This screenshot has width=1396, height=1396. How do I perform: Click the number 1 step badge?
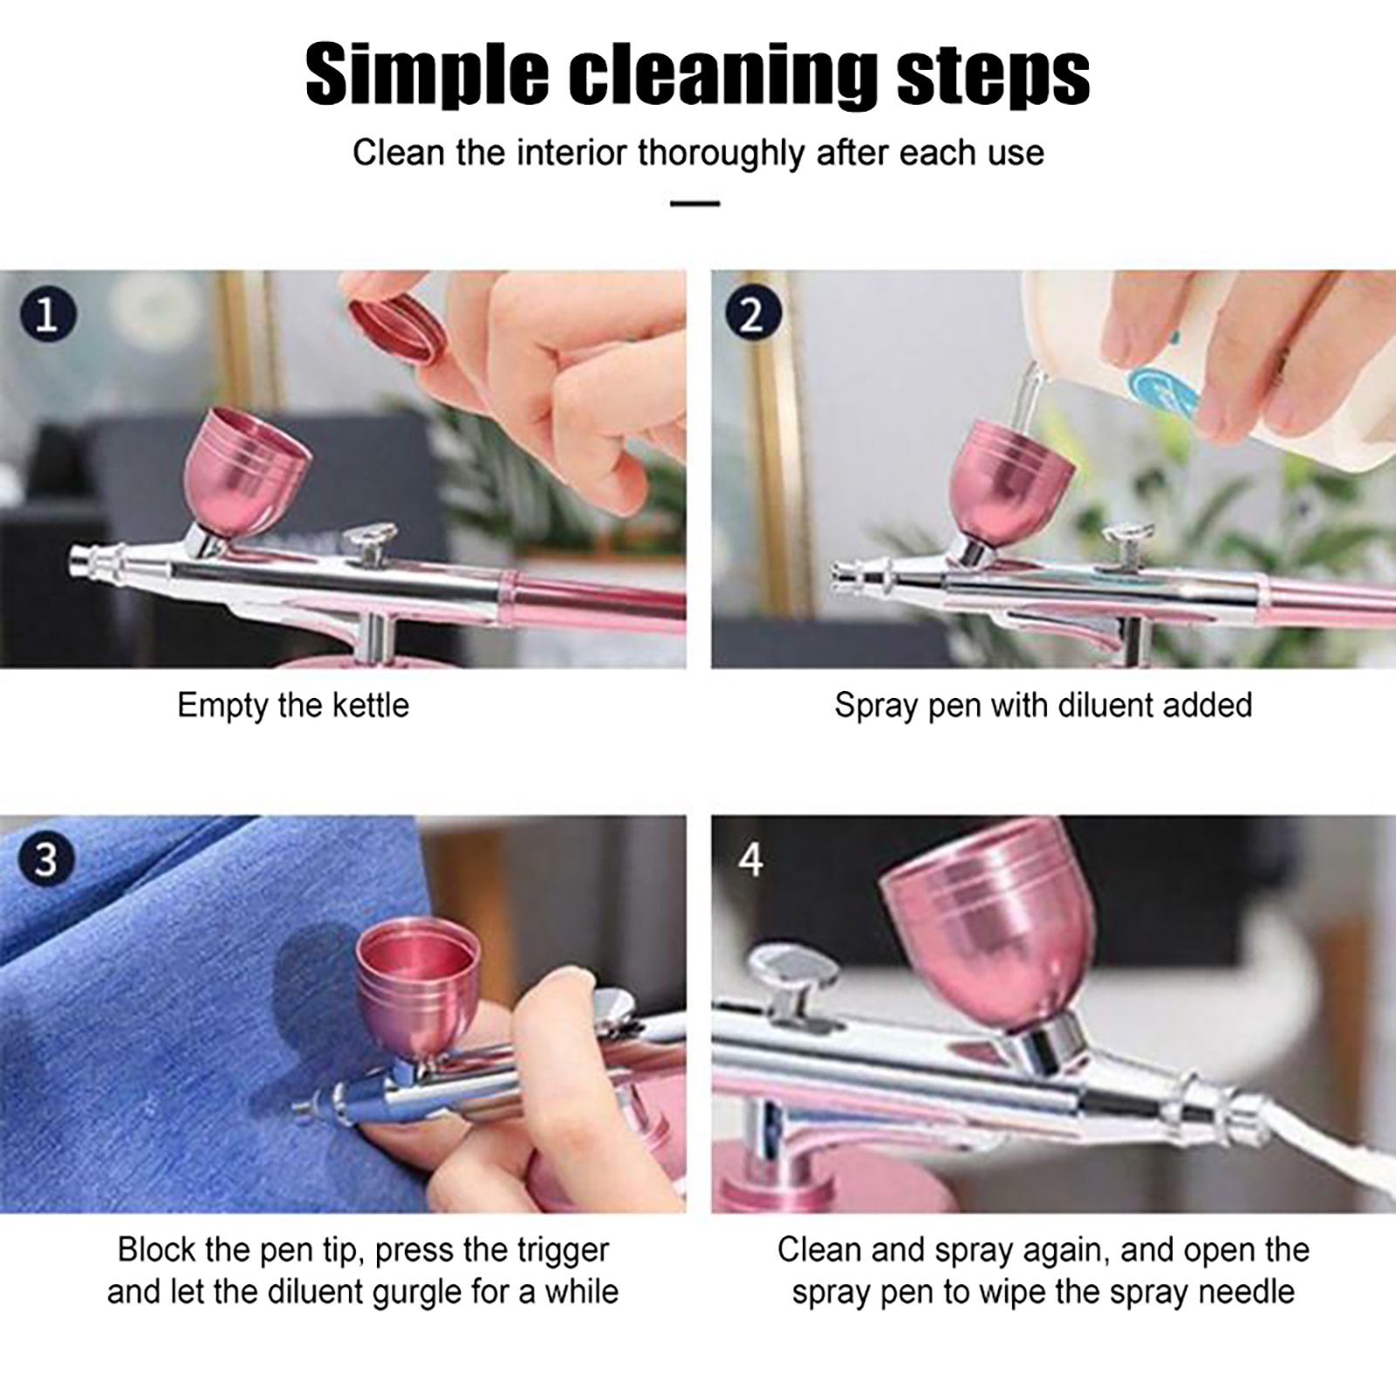(x=48, y=313)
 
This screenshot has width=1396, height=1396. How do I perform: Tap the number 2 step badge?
(x=751, y=313)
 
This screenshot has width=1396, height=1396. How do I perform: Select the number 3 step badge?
(x=45, y=859)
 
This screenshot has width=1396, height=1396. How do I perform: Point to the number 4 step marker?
(x=750, y=860)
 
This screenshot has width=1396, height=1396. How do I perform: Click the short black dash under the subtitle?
(x=695, y=203)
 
